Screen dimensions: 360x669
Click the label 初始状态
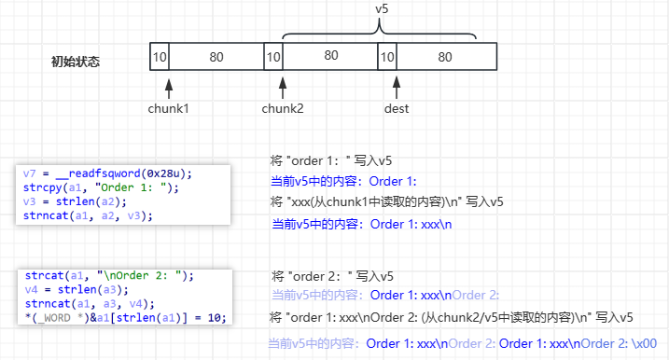pos(76,62)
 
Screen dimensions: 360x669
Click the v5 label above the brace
pos(381,8)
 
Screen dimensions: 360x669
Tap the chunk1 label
pos(168,108)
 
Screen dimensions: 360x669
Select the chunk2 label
pos(282,108)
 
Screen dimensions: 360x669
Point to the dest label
pos(397,108)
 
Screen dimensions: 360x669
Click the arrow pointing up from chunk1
pos(169,87)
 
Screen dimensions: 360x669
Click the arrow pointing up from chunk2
pos(283,87)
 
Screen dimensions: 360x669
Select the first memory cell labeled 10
pos(160,57)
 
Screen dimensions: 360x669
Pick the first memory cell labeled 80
pos(216,57)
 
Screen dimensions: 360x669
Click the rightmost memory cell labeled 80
pos(445,57)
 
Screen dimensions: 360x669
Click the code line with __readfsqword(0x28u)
pos(109,173)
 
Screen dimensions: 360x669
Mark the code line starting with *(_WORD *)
pos(126,317)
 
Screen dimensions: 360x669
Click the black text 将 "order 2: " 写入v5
pos(332,276)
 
